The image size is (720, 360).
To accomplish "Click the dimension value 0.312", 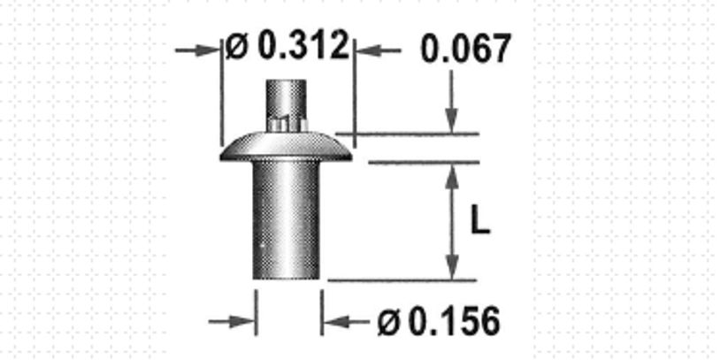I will [x=303, y=46].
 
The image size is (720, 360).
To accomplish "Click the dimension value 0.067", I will [x=465, y=50].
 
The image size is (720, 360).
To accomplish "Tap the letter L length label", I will [x=479, y=221].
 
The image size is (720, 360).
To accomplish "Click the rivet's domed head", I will [x=286, y=146].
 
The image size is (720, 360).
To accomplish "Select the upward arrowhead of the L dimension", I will [x=452, y=176].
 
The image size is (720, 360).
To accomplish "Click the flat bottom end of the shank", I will [x=286, y=277].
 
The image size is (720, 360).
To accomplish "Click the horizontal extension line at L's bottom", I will [x=402, y=280].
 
